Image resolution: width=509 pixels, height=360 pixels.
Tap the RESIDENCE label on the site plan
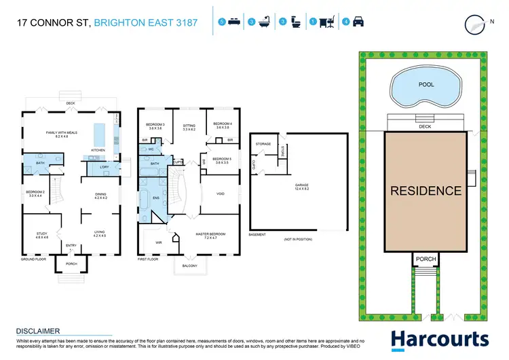(x=426, y=191)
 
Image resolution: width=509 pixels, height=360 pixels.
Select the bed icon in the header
(x=235, y=22)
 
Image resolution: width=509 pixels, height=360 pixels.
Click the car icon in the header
(x=358, y=22)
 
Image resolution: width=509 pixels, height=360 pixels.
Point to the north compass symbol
(x=474, y=23)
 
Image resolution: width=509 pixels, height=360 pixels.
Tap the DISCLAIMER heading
(x=40, y=331)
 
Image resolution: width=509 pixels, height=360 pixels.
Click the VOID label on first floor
(x=220, y=194)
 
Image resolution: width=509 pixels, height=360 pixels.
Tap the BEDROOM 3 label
(x=156, y=125)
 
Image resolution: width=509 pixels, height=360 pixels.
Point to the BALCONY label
(x=189, y=266)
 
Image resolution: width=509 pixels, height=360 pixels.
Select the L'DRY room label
(x=105, y=167)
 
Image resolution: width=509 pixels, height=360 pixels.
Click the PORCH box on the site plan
(x=426, y=259)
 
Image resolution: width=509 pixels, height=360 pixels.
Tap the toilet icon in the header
(x=296, y=22)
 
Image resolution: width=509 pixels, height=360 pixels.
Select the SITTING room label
(x=189, y=125)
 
